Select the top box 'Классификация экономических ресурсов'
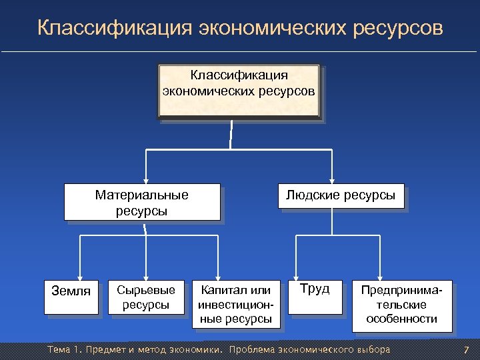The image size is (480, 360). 239,91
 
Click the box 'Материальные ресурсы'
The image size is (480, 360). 142,203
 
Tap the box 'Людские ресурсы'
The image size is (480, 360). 340,197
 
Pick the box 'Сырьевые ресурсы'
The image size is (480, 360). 145,298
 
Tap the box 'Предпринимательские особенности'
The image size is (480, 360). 401,305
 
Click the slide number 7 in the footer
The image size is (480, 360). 466,350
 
